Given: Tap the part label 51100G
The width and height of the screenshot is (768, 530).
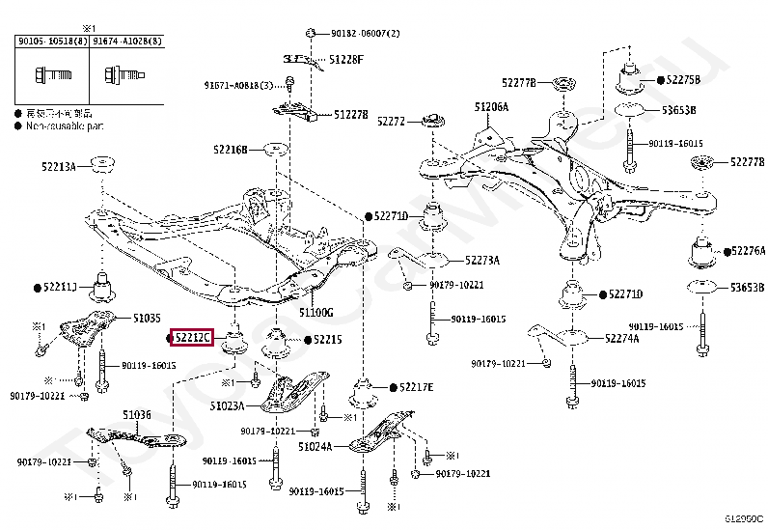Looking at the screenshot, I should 315,313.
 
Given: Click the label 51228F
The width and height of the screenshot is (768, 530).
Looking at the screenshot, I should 345,59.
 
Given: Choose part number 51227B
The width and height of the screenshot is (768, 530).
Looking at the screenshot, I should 351,114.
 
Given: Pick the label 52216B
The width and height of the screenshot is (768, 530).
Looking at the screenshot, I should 231,150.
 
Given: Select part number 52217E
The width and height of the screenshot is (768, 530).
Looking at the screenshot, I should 417,387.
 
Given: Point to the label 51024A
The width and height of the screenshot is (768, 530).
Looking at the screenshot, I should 315,446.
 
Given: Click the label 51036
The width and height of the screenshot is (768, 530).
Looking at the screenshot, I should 136,415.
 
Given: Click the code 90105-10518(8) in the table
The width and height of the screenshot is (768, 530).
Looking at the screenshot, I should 49,42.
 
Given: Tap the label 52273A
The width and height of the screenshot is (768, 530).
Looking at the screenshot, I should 481,260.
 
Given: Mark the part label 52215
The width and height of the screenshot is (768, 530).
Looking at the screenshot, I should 328,340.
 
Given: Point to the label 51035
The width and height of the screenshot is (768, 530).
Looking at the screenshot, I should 148,317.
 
